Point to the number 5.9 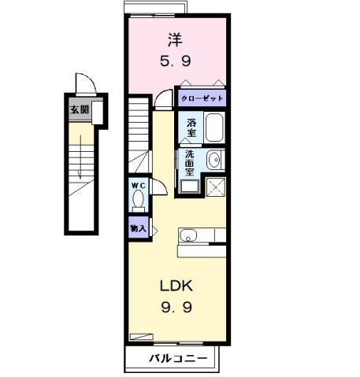tap(176, 60)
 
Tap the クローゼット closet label tap(201, 99)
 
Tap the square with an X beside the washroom tap(215, 187)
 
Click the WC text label tap(139, 185)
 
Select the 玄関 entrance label tap(79, 110)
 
